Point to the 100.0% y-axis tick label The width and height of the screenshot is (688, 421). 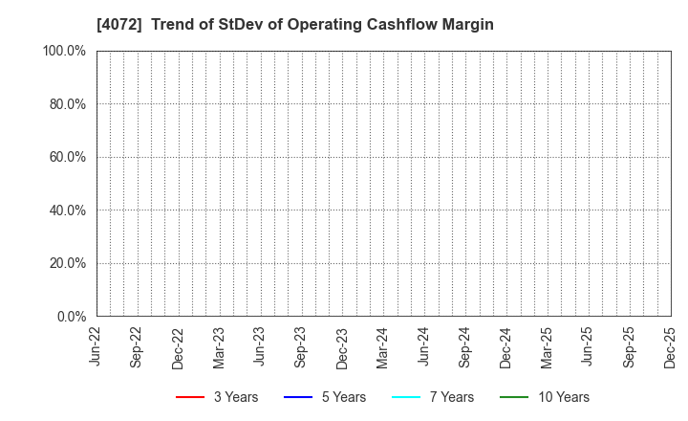coord(64,51)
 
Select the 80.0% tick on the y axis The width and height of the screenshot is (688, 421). coord(67,103)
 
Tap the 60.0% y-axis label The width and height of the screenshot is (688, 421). coord(67,157)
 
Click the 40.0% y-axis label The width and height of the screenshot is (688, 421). coord(67,210)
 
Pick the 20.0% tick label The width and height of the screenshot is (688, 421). coord(67,263)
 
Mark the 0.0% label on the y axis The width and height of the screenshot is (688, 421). coord(70,316)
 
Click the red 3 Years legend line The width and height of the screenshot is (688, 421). coord(190,397)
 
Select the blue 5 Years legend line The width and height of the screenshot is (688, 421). coord(298,397)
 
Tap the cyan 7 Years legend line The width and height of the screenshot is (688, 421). coord(406,397)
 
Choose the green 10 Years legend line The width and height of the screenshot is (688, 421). coord(514,397)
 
